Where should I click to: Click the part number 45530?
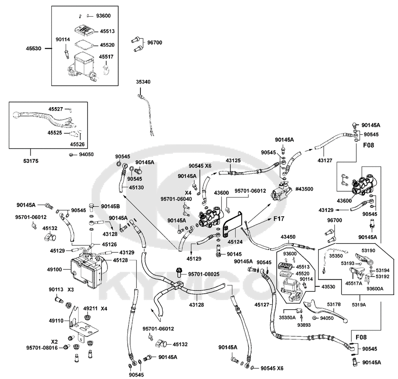click(33, 48)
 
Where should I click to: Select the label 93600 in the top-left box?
click(103, 16)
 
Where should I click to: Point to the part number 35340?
click(143, 82)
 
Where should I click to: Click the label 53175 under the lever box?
click(31, 161)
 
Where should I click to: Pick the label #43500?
click(304, 189)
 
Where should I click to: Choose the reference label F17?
click(279, 219)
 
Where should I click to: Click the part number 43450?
click(288, 237)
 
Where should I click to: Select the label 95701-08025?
click(203, 274)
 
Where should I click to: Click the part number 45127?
click(262, 304)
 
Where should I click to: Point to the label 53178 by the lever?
click(334, 304)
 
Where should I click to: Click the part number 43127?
click(325, 160)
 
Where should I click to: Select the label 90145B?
click(110, 206)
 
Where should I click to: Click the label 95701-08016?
click(42, 348)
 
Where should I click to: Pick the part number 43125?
click(233, 161)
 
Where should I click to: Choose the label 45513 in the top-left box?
click(107, 31)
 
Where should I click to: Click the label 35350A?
click(287, 318)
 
